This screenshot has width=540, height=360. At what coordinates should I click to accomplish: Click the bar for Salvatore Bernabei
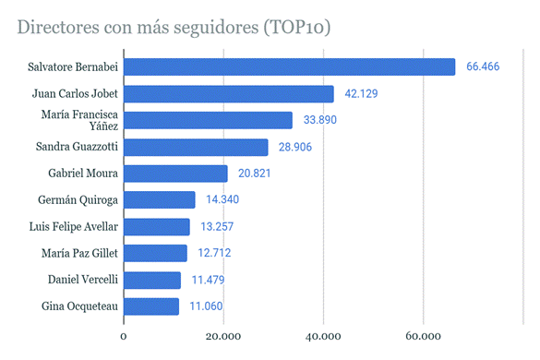point(289,67)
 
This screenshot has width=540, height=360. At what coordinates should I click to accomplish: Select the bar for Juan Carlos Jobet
point(229,94)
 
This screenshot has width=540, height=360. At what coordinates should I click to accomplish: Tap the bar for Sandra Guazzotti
point(196,148)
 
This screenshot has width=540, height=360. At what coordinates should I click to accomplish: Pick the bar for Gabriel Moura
point(175,174)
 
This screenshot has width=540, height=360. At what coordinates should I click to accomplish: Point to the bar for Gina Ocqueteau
point(151,306)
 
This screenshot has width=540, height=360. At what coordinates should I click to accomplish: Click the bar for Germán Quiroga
point(160,200)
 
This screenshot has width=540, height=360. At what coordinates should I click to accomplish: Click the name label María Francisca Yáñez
point(78,121)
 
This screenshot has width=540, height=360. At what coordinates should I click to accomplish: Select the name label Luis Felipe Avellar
point(74,227)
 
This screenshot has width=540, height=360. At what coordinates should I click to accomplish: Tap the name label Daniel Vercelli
point(81,280)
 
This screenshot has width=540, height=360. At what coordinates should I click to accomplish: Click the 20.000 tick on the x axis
point(223,337)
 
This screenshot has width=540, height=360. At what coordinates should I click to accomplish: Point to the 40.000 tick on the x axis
point(323,337)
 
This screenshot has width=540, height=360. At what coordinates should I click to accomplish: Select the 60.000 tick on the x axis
point(423,337)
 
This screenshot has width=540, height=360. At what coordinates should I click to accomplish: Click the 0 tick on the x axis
point(124,337)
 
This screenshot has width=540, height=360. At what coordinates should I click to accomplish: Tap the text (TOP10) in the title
point(294,28)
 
